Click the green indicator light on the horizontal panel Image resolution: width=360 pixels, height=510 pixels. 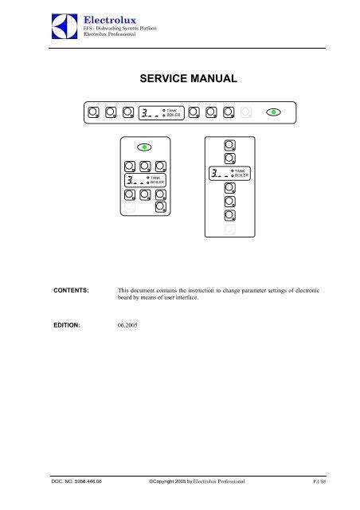coord(274,112)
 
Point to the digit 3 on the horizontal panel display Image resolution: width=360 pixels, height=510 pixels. coord(144,112)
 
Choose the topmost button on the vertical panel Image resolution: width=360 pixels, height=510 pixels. coord(229,145)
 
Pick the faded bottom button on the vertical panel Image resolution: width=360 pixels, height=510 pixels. coord(229,229)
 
